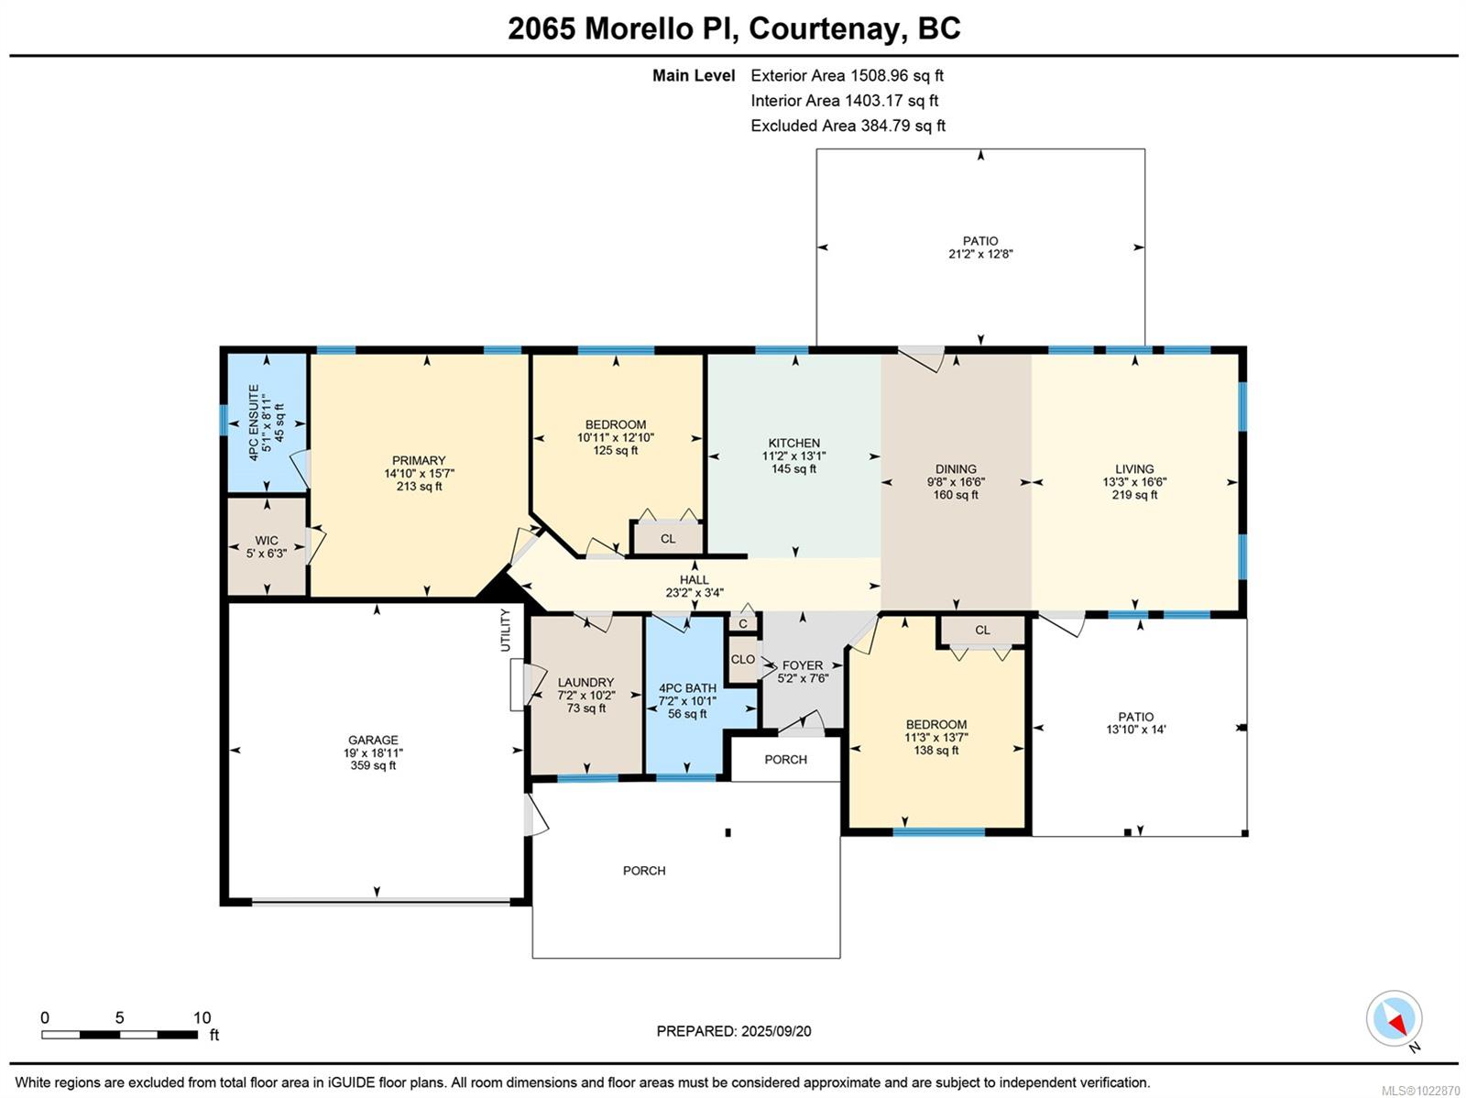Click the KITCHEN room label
click(x=793, y=443)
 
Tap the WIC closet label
click(x=267, y=541)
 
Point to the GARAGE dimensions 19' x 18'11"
click(x=373, y=752)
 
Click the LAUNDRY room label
click(x=585, y=682)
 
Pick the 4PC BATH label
click(x=687, y=688)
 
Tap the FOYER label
click(x=802, y=665)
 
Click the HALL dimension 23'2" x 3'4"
click(x=694, y=593)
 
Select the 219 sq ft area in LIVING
click(x=1134, y=495)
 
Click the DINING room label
click(x=956, y=468)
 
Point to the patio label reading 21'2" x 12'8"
click(x=980, y=254)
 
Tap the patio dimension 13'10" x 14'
click(x=1135, y=730)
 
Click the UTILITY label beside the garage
click(x=505, y=630)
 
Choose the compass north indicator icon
click(x=1395, y=1019)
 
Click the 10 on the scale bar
click(x=202, y=1017)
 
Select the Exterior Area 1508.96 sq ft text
click(x=847, y=76)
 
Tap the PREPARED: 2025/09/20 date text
click(x=733, y=1031)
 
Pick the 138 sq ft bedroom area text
click(x=935, y=750)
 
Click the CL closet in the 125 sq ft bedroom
click(x=668, y=539)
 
